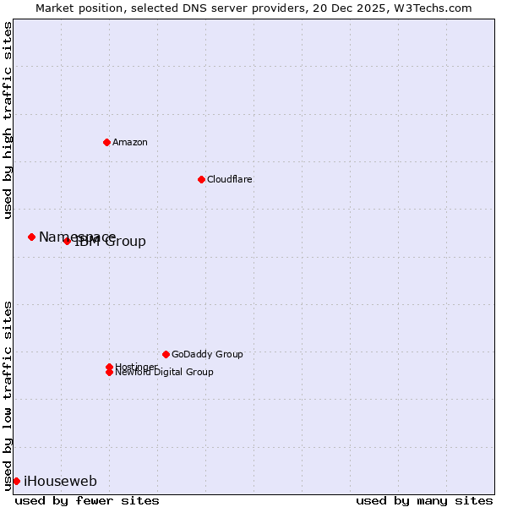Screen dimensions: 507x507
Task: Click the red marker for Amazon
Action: coord(106,142)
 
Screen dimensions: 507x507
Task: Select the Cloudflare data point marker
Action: coord(201,179)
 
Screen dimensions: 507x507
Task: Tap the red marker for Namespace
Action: coord(31,237)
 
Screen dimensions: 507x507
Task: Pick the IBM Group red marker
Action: coord(67,241)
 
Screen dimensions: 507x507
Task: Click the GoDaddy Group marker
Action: coord(166,354)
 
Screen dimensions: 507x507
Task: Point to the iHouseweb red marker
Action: coord(16,481)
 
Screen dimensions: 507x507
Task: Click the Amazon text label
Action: coord(129,142)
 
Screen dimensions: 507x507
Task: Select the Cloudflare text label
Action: coord(229,179)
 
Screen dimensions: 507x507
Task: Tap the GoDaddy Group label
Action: coord(207,354)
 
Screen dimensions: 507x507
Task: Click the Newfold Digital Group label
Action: coord(164,373)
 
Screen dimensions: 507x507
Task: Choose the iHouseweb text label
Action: coord(60,482)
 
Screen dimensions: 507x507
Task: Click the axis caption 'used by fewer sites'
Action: coord(87,500)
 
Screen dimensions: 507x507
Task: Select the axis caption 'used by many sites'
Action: coord(424,500)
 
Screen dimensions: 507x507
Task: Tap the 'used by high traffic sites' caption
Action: coord(8,120)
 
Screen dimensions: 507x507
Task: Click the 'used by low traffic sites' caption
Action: coord(8,395)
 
